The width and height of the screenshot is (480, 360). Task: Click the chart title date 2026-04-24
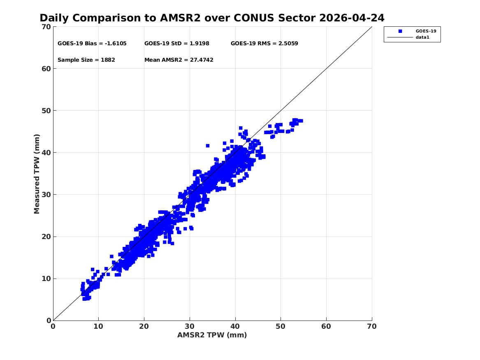click(352, 18)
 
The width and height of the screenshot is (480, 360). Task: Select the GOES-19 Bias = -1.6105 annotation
click(92, 44)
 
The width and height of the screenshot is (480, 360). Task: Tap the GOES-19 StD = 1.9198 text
click(176, 44)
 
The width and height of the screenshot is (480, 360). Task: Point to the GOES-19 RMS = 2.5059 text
click(264, 44)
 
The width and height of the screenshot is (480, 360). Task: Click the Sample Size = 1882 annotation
click(86, 60)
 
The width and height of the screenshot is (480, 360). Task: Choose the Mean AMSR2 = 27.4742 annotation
click(179, 60)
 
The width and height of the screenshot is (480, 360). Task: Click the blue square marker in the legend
click(400, 31)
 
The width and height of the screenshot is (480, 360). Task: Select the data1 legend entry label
click(422, 37)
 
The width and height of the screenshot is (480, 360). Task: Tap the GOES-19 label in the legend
click(426, 31)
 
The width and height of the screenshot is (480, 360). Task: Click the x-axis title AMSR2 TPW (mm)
click(212, 335)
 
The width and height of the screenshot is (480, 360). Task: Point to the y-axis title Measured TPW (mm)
click(37, 174)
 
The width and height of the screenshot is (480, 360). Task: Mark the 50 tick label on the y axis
click(46, 111)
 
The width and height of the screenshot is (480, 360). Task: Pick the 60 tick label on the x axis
click(326, 327)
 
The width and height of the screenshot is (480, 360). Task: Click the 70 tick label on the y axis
click(46, 27)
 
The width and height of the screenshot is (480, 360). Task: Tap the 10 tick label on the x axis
click(98, 327)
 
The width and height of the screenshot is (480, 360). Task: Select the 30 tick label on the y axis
click(46, 194)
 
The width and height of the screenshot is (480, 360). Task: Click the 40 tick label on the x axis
click(235, 327)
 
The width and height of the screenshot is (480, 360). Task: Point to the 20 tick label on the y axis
click(46, 237)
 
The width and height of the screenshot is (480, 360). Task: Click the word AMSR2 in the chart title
click(180, 18)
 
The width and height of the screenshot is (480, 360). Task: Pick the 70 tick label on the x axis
click(372, 327)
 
